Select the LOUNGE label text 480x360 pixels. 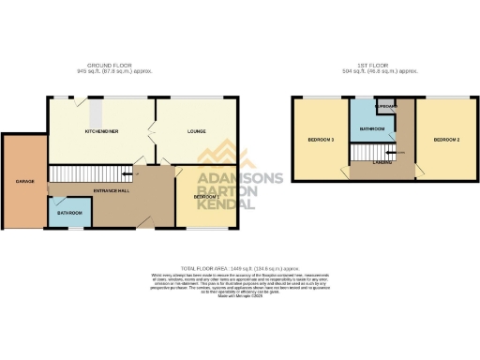(197, 132)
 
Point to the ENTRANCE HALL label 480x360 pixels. (111, 191)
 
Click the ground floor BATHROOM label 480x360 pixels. (69, 214)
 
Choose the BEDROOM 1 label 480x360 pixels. (207, 197)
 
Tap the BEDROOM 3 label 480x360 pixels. (321, 140)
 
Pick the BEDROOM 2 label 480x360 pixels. (446, 140)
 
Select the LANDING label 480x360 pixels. (382, 161)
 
